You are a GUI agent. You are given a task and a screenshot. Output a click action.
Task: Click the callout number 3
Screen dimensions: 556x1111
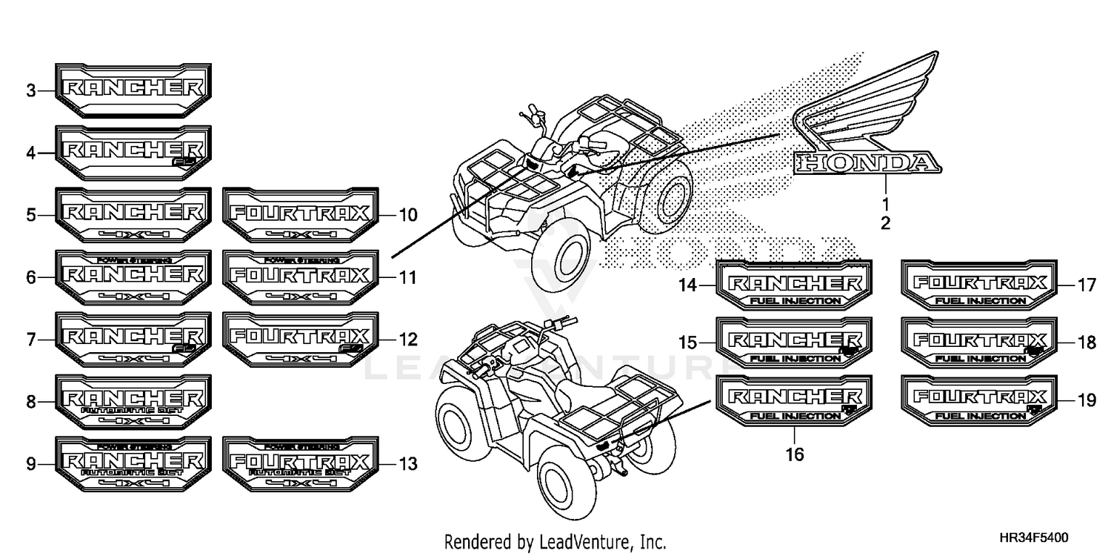tap(30, 91)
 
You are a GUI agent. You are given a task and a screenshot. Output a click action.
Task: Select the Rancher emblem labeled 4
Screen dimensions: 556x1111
tap(133, 153)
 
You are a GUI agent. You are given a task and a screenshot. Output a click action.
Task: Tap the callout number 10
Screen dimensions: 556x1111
tap(408, 216)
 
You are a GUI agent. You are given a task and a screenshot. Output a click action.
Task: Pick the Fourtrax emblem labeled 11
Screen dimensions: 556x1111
tap(300, 277)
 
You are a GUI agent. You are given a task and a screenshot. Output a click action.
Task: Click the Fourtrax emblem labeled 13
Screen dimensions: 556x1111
tap(300, 465)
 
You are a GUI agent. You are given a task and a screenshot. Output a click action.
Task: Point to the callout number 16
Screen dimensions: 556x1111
tap(795, 454)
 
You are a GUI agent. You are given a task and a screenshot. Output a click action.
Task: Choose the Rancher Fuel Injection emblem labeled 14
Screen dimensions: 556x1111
tap(795, 285)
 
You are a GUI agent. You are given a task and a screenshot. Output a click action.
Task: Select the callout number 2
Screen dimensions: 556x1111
tap(885, 222)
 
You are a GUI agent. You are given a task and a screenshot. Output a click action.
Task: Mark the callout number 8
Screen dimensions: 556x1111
tap(30, 403)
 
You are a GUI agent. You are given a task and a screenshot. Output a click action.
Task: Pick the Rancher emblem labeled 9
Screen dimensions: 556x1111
tap(133, 465)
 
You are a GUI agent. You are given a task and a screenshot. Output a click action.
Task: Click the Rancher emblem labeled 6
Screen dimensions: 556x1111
tap(133, 277)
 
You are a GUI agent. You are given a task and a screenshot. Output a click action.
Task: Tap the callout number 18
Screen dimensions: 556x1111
tap(1086, 343)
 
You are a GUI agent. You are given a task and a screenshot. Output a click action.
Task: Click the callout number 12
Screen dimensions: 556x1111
tap(408, 340)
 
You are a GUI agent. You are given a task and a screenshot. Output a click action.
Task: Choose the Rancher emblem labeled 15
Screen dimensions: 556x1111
tap(795, 342)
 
